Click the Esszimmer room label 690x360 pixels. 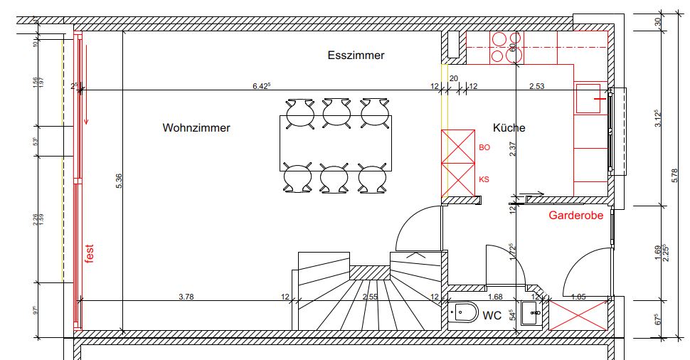(x=356, y=55)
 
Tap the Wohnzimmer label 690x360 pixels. (x=196, y=129)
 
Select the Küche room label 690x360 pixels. (x=509, y=128)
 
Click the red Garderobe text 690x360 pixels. (x=575, y=215)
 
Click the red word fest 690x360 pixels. (x=90, y=254)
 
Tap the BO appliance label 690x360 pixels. (x=484, y=148)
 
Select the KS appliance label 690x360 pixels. (x=484, y=180)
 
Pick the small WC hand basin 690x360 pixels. (x=530, y=312)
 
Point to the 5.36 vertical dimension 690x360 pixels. (x=120, y=181)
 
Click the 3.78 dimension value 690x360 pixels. (x=186, y=296)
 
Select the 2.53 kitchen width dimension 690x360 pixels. (x=536, y=86)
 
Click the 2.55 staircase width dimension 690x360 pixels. (x=369, y=296)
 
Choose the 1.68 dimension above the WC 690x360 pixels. (x=495, y=296)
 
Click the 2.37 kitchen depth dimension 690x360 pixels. (x=512, y=148)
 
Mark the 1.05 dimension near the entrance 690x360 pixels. (x=578, y=296)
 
